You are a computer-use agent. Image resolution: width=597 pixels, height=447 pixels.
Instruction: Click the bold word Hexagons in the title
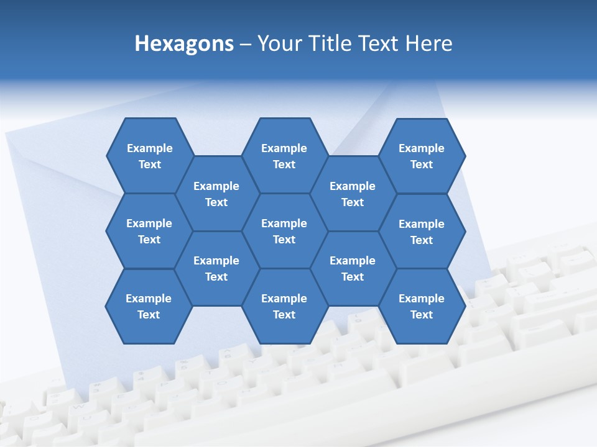coord(184,43)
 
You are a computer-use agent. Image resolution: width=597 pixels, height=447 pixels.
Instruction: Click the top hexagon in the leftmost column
coord(149,156)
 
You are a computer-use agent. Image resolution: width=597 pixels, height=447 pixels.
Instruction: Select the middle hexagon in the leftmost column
coord(149,231)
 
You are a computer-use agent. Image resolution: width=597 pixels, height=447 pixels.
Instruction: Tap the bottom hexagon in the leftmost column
coord(149,306)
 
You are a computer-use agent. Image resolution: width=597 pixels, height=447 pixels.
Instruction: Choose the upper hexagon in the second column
coord(216,194)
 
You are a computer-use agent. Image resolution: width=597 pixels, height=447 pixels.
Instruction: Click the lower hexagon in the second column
coord(216,268)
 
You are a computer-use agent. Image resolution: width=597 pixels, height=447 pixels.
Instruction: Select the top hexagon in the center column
coord(284,156)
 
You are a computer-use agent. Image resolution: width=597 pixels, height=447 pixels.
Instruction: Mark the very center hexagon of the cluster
coord(284,231)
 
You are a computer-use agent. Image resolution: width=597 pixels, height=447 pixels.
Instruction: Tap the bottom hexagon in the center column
coord(284,306)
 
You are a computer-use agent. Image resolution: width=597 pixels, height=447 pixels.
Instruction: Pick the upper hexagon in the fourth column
coord(353,194)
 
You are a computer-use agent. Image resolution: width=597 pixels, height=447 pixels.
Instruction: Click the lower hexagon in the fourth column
coord(353,268)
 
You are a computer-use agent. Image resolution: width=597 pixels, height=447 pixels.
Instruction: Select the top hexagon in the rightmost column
coord(422,156)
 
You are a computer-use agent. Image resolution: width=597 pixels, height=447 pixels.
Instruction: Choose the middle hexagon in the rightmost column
coord(422,232)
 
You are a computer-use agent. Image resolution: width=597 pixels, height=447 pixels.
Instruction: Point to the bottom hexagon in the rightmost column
coord(422,306)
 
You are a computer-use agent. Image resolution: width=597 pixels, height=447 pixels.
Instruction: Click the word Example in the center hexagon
coord(284,223)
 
